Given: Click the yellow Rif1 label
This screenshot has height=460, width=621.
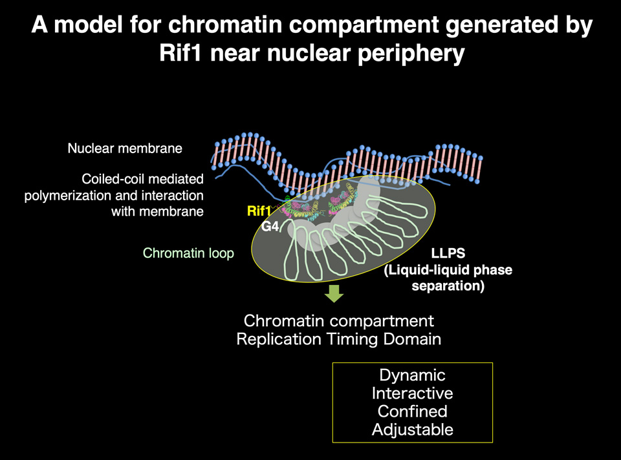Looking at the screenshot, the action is pos(259,211).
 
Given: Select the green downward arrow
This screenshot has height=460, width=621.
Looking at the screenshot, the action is pos(334,293).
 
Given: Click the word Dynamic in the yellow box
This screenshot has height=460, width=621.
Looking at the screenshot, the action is pos(412,375).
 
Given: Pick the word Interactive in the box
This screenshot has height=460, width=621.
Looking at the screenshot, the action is pos(412,393).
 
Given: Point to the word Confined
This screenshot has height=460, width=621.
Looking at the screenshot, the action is pos(412,412).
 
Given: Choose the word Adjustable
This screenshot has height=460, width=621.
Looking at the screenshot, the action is pos(412,430).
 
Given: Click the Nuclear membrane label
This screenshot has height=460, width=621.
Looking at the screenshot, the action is pos(125,149).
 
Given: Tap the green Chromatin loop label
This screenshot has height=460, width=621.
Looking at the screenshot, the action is pos(188,253).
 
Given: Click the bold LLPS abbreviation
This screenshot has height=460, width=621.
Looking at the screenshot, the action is pos(448,253).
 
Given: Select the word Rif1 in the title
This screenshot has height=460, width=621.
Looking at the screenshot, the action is pos(180,53).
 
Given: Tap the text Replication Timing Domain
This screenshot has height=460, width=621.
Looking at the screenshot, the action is pos(338,339).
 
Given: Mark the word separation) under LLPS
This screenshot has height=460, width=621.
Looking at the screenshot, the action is pos(448,286).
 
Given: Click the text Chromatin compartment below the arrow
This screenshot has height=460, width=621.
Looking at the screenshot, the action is pos(338,321).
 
